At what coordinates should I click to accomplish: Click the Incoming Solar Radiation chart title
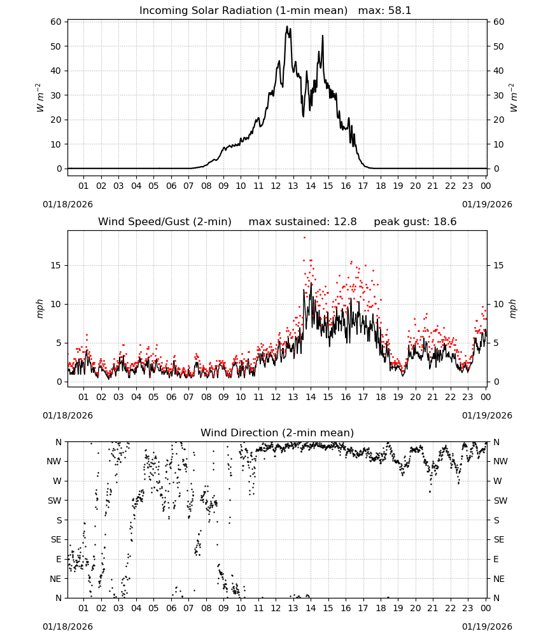(243, 11)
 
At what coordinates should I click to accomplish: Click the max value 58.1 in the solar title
(400, 11)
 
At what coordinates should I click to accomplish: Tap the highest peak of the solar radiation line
(287, 26)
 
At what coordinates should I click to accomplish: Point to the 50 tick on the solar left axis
(55, 46)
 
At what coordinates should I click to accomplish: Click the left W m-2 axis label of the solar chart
(39, 97)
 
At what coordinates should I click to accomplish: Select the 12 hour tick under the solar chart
(276, 186)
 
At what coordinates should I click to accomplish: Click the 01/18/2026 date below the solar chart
(67, 204)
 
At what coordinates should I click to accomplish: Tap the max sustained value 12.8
(345, 222)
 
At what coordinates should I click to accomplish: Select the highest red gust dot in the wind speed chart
(304, 237)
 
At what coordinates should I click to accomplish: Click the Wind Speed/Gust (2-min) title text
(165, 222)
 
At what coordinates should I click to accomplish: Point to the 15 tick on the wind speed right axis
(498, 265)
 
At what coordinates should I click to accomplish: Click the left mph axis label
(39, 308)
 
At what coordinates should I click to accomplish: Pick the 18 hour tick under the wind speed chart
(380, 397)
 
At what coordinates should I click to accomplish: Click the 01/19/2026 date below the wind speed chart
(487, 415)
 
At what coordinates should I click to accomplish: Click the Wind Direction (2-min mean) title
(278, 432)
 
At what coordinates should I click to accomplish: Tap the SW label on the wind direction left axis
(55, 501)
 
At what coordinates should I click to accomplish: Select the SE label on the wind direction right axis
(499, 539)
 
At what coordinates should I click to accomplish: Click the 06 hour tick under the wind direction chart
(171, 608)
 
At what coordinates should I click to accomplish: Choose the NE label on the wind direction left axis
(55, 579)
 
